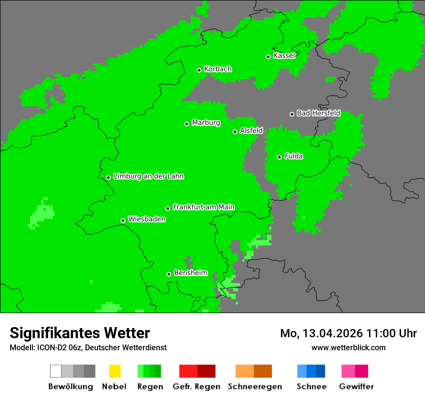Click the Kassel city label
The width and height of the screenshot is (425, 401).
coord(284,56)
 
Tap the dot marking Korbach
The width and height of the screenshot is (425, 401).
coord(199,70)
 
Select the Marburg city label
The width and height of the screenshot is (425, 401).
coord(206,123)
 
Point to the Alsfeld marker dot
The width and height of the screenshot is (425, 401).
coord(235,131)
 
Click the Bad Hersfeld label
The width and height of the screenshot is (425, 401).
coord(318,113)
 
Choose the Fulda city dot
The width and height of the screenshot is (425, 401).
coord(279,157)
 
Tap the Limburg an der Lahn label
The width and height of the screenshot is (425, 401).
coord(148,176)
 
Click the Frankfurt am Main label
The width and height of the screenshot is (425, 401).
coord(203,207)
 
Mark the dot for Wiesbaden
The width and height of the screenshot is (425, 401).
coord(123,220)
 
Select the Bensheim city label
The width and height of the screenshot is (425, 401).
coord(190,273)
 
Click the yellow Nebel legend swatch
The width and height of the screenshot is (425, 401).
coord(114,371)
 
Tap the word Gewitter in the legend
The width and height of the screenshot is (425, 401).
coord(356,387)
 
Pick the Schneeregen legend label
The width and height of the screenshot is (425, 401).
coord(255,387)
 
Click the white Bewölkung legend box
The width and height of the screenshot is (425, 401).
coord(56,371)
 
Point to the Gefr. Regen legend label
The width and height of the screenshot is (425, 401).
coord(196,387)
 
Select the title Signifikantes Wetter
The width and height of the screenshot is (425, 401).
coord(80,333)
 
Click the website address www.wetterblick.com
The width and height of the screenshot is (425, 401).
coord(348,347)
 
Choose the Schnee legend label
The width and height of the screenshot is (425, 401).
coord(311,387)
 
